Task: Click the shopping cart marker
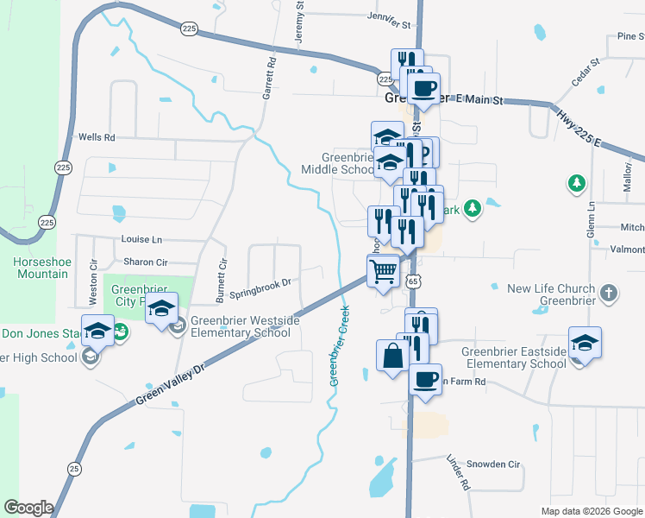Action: pyautogui.click(x=384, y=271)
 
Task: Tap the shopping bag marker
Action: pyautogui.click(x=392, y=356)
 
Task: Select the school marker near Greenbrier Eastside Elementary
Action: pyautogui.click(x=585, y=343)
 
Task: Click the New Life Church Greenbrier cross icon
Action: pyautogui.click(x=609, y=293)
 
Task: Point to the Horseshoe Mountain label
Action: pyautogui.click(x=40, y=268)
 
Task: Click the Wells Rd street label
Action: pyautogui.click(x=97, y=137)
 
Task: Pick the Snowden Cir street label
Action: pyautogui.click(x=494, y=464)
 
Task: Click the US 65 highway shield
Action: pyautogui.click(x=416, y=281)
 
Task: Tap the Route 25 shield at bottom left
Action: pyautogui.click(x=75, y=468)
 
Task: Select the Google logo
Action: pyautogui.click(x=28, y=508)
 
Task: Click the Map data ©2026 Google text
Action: pyautogui.click(x=591, y=511)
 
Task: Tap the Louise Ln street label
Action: pyautogui.click(x=142, y=239)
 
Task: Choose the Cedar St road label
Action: pyautogui.click(x=586, y=73)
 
